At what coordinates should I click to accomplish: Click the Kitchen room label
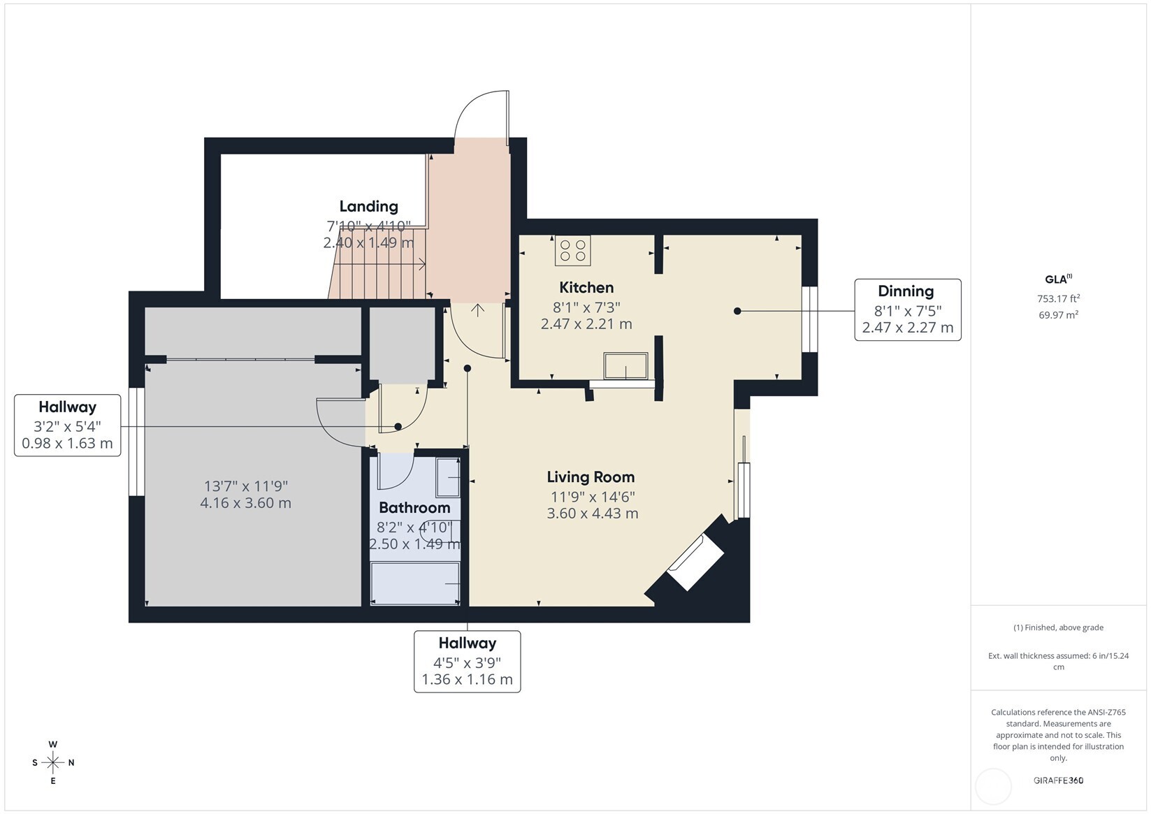coord(586,287)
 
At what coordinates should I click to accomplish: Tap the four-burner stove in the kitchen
coord(573,251)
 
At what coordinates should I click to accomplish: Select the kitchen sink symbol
coord(625,365)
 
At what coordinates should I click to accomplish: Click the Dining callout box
coord(907,310)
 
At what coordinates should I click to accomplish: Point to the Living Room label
coord(591,477)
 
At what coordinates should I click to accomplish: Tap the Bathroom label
coord(414,508)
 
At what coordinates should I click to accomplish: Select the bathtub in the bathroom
coord(415,583)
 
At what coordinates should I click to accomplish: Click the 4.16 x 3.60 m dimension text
coord(245,503)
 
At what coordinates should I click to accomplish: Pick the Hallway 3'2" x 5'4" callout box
coord(67,425)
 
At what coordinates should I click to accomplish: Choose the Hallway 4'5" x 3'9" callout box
coord(467,661)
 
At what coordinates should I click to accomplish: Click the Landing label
coord(368,206)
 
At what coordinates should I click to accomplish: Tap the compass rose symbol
coord(53,762)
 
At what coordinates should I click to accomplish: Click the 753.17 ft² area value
coord(1058,299)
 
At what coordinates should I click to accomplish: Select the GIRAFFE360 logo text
coord(1058,780)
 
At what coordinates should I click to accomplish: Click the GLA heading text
coord(1057,279)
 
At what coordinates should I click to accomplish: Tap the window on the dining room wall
coord(809,319)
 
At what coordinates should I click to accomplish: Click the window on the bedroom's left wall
coord(136,442)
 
